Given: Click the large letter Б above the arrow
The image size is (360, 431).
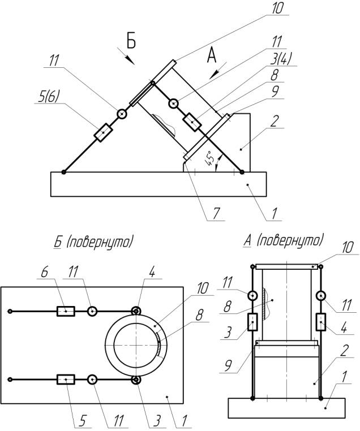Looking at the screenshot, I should pos(131,41).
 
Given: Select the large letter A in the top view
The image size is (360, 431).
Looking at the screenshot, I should pos(212,55).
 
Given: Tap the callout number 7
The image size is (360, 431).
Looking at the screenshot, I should pos(216,213).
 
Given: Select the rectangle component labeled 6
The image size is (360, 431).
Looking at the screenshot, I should pos(66,311).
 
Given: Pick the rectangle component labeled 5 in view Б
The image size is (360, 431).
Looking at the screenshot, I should pos(66,379).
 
